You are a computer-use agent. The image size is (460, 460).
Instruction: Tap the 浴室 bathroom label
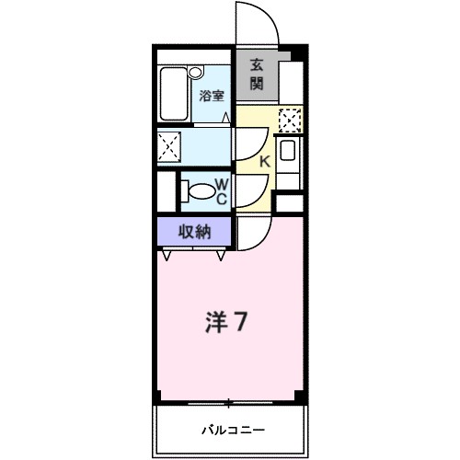211,94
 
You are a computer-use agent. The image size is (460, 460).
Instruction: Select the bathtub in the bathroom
175,95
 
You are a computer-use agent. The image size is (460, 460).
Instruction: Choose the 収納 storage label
195,232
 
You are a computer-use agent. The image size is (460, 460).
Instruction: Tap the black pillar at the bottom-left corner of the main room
159,397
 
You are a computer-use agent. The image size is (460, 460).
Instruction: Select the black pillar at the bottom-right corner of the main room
300,397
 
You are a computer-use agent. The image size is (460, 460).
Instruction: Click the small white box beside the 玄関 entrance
290,75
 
